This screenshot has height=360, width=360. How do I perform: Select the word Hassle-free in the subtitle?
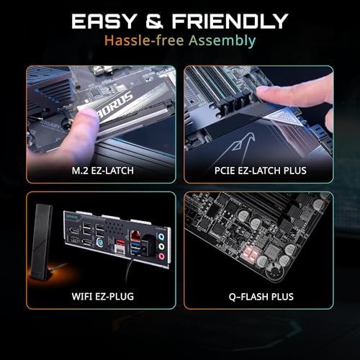coord(140,41)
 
